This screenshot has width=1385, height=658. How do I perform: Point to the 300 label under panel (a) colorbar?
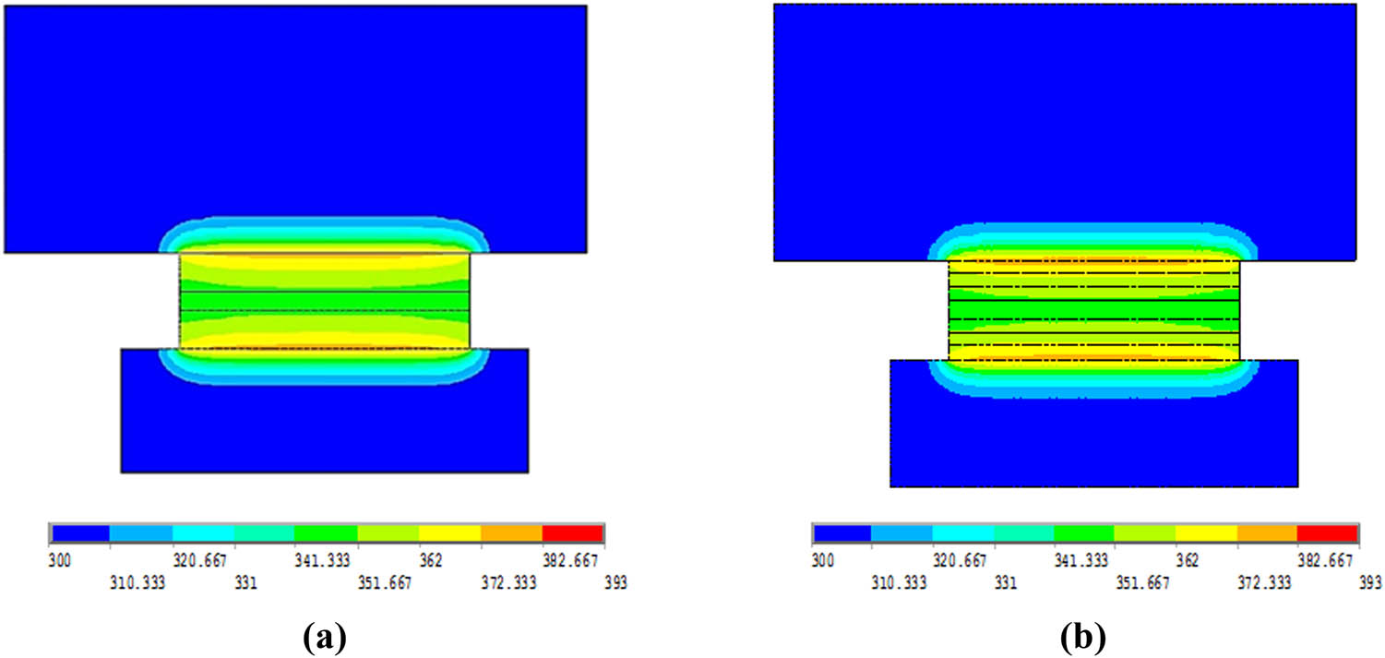click(x=61, y=560)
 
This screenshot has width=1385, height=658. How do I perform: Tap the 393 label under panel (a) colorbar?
click(x=615, y=583)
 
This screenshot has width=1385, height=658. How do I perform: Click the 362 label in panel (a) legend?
click(x=430, y=560)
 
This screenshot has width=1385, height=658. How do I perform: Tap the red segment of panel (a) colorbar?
click(x=572, y=533)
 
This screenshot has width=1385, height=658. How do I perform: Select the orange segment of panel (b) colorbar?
click(x=1266, y=533)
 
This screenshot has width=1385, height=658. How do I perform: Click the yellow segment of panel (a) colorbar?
click(x=449, y=533)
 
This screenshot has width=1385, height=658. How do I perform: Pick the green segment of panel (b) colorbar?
click(x=1083, y=533)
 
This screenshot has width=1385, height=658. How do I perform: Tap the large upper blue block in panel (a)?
click(x=295, y=111)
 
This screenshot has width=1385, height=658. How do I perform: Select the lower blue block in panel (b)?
click(x=1093, y=443)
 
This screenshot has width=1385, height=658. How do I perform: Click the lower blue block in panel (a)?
click(x=324, y=429)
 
